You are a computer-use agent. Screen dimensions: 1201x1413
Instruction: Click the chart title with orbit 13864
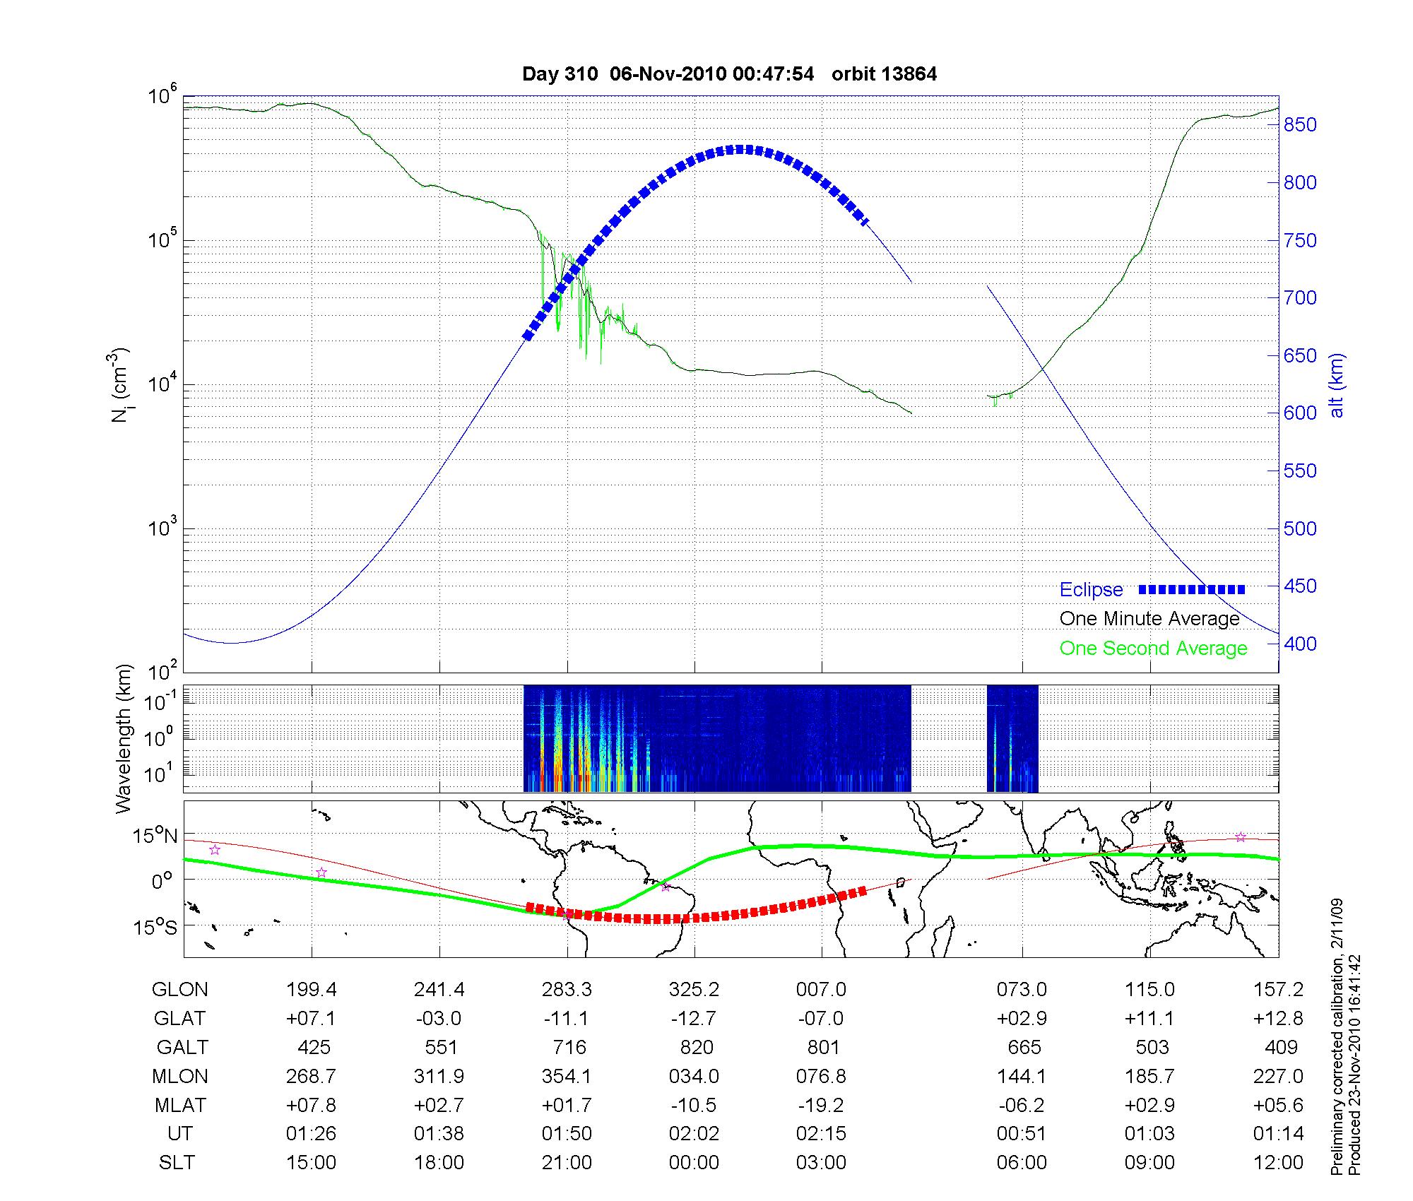(729, 74)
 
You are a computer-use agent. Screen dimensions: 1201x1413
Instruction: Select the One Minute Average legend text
(1149, 619)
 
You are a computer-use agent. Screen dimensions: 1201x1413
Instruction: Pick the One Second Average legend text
(1153, 649)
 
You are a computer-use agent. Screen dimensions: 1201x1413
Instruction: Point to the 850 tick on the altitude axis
(1300, 125)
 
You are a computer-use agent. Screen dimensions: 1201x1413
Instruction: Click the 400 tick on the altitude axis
(1300, 644)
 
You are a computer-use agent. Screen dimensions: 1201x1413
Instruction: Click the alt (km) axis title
(1336, 385)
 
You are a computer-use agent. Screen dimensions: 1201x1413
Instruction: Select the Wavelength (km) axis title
(124, 738)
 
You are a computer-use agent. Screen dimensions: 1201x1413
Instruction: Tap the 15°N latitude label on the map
(156, 836)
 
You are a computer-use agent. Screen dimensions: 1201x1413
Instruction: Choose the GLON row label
(179, 990)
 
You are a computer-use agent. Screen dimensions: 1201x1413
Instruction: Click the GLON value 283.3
(567, 990)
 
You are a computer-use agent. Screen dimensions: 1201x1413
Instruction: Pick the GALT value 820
(695, 1047)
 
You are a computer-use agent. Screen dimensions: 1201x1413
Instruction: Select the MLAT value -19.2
(822, 1105)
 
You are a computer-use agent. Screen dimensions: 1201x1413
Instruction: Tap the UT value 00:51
(1021, 1134)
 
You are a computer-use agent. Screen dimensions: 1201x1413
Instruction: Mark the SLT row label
(177, 1163)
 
